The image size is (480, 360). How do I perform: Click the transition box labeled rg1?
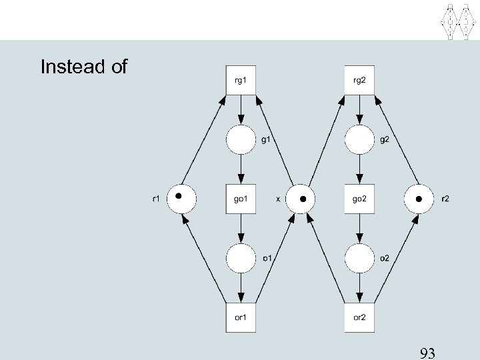click(x=241, y=80)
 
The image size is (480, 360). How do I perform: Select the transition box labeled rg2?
click(x=359, y=80)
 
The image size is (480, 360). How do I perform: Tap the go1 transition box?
click(x=241, y=199)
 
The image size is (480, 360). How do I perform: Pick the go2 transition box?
click(x=359, y=199)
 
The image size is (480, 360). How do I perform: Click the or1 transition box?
click(x=241, y=317)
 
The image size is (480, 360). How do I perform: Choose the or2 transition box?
click(x=359, y=317)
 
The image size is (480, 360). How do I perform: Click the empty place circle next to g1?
click(x=241, y=140)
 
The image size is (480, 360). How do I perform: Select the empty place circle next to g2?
click(x=359, y=140)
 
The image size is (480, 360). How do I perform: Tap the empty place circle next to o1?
click(x=241, y=259)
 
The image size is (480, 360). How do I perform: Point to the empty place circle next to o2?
click(x=359, y=259)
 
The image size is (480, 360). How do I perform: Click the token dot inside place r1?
click(x=179, y=196)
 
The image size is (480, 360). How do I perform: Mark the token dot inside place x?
click(x=303, y=199)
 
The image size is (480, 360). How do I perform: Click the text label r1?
click(x=155, y=199)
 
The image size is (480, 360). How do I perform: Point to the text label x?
click(x=278, y=199)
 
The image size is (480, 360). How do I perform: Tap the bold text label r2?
click(x=445, y=199)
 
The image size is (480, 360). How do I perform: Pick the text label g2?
click(x=384, y=140)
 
